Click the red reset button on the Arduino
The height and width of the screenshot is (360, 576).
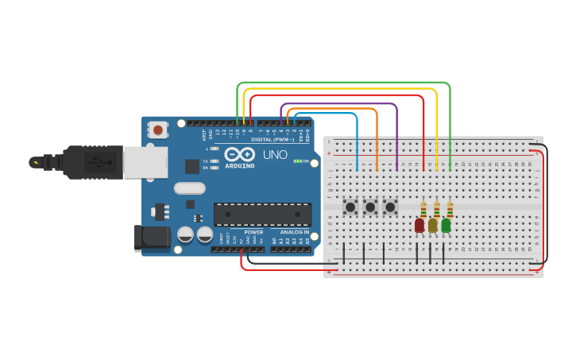158,130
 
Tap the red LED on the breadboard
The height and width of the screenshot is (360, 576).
419,226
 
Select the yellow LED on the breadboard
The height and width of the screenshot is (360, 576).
433,226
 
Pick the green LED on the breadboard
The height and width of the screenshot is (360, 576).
446,226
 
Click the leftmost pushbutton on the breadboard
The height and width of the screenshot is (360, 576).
350,207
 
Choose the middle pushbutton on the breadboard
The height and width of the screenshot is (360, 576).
370,207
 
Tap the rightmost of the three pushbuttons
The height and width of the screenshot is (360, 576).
390,207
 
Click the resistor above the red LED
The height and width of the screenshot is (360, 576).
423,210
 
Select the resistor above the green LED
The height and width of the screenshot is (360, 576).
450,209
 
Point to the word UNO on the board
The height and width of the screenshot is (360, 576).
275,154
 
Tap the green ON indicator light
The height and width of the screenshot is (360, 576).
296,161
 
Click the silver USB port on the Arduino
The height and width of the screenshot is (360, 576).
156,162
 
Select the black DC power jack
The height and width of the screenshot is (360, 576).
153,237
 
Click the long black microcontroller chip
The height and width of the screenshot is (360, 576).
262,215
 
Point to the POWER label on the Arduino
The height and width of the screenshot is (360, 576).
253,232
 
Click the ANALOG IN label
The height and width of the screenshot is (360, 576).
294,232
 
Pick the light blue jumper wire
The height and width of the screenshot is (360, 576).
357,139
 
